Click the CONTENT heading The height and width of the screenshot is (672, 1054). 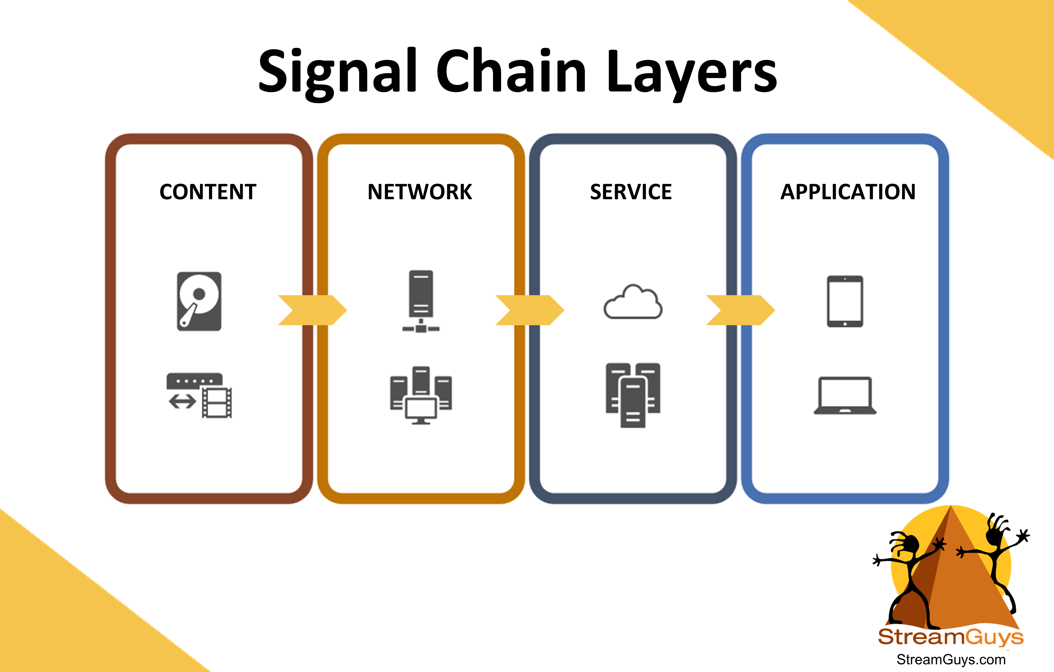point(208,192)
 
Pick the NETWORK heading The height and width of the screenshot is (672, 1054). point(420,192)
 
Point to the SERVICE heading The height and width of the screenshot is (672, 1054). point(631,192)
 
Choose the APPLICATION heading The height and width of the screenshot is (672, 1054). point(848,192)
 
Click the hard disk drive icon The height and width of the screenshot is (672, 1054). point(199,302)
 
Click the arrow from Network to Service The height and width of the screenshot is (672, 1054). point(530,310)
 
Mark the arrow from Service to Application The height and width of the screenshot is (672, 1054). point(741,310)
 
